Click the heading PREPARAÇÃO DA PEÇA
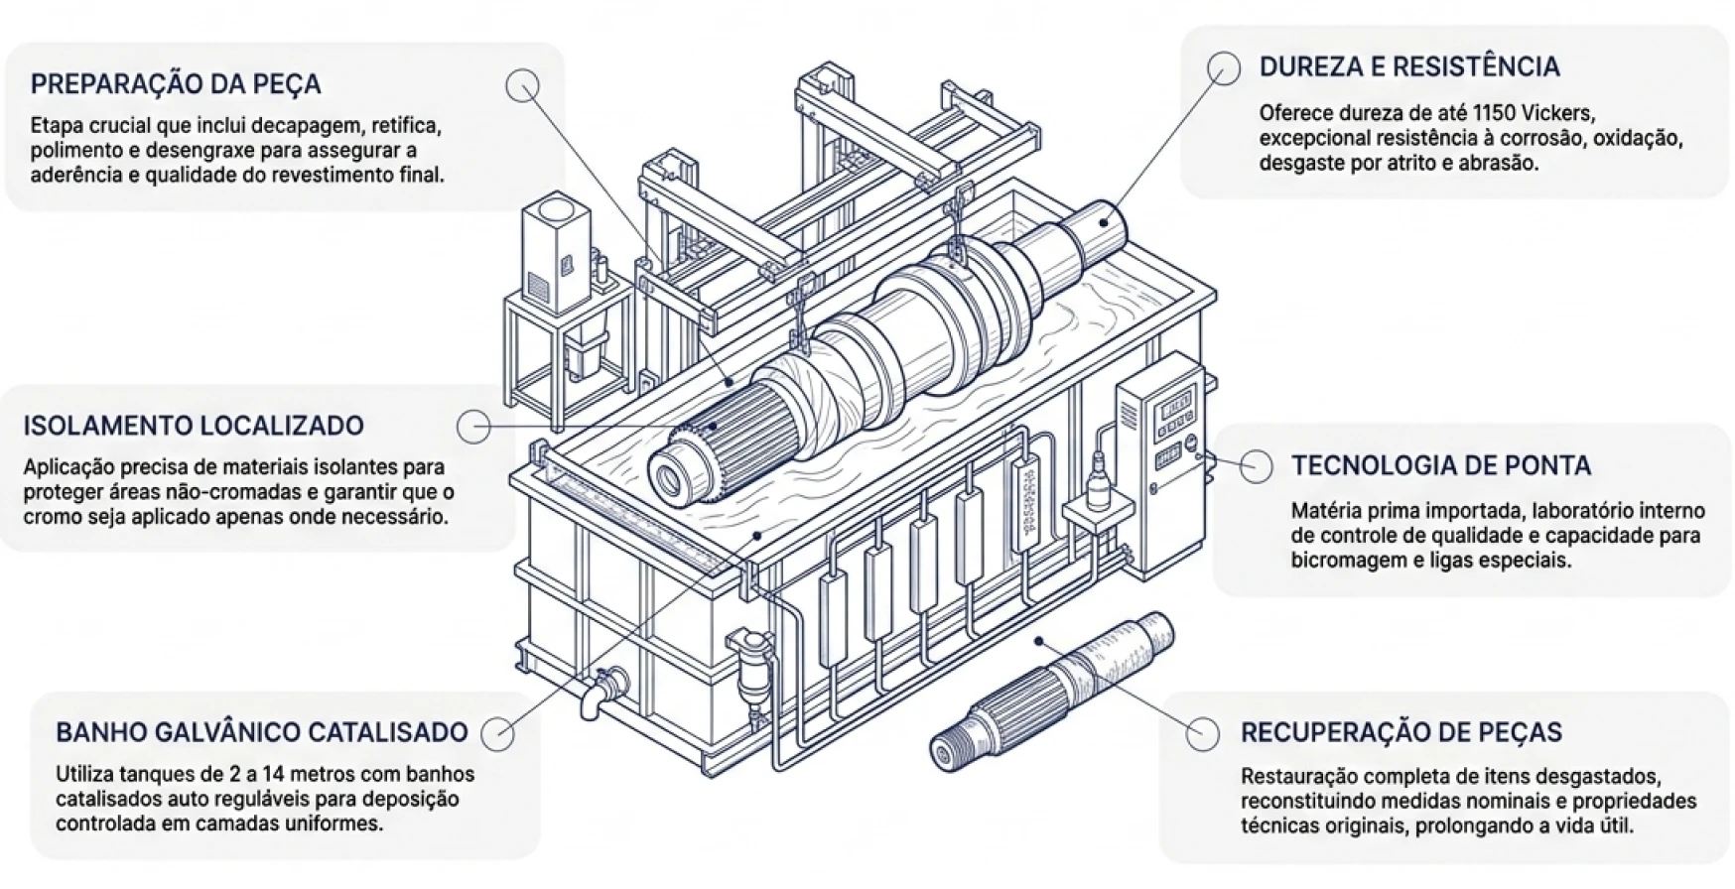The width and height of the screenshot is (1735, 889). click(x=176, y=83)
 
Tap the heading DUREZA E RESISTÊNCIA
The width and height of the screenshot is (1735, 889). click(x=1409, y=66)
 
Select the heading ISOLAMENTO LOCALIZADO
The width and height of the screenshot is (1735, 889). click(x=194, y=426)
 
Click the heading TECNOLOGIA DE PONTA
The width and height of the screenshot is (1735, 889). click(x=1441, y=465)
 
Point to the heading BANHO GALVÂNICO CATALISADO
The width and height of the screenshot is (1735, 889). click(x=262, y=732)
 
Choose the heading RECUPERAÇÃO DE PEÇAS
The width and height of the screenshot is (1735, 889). click(x=1401, y=732)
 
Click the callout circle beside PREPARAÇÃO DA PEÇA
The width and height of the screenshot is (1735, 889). click(x=522, y=85)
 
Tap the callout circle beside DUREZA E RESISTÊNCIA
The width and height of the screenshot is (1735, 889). click(x=1224, y=67)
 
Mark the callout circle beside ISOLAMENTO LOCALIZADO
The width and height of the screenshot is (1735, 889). click(x=474, y=427)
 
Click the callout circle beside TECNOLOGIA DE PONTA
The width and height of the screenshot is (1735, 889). click(x=1257, y=466)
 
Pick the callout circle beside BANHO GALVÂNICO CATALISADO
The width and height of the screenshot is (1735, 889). click(x=497, y=734)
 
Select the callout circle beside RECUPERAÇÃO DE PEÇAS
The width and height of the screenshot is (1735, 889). click(x=1203, y=733)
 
